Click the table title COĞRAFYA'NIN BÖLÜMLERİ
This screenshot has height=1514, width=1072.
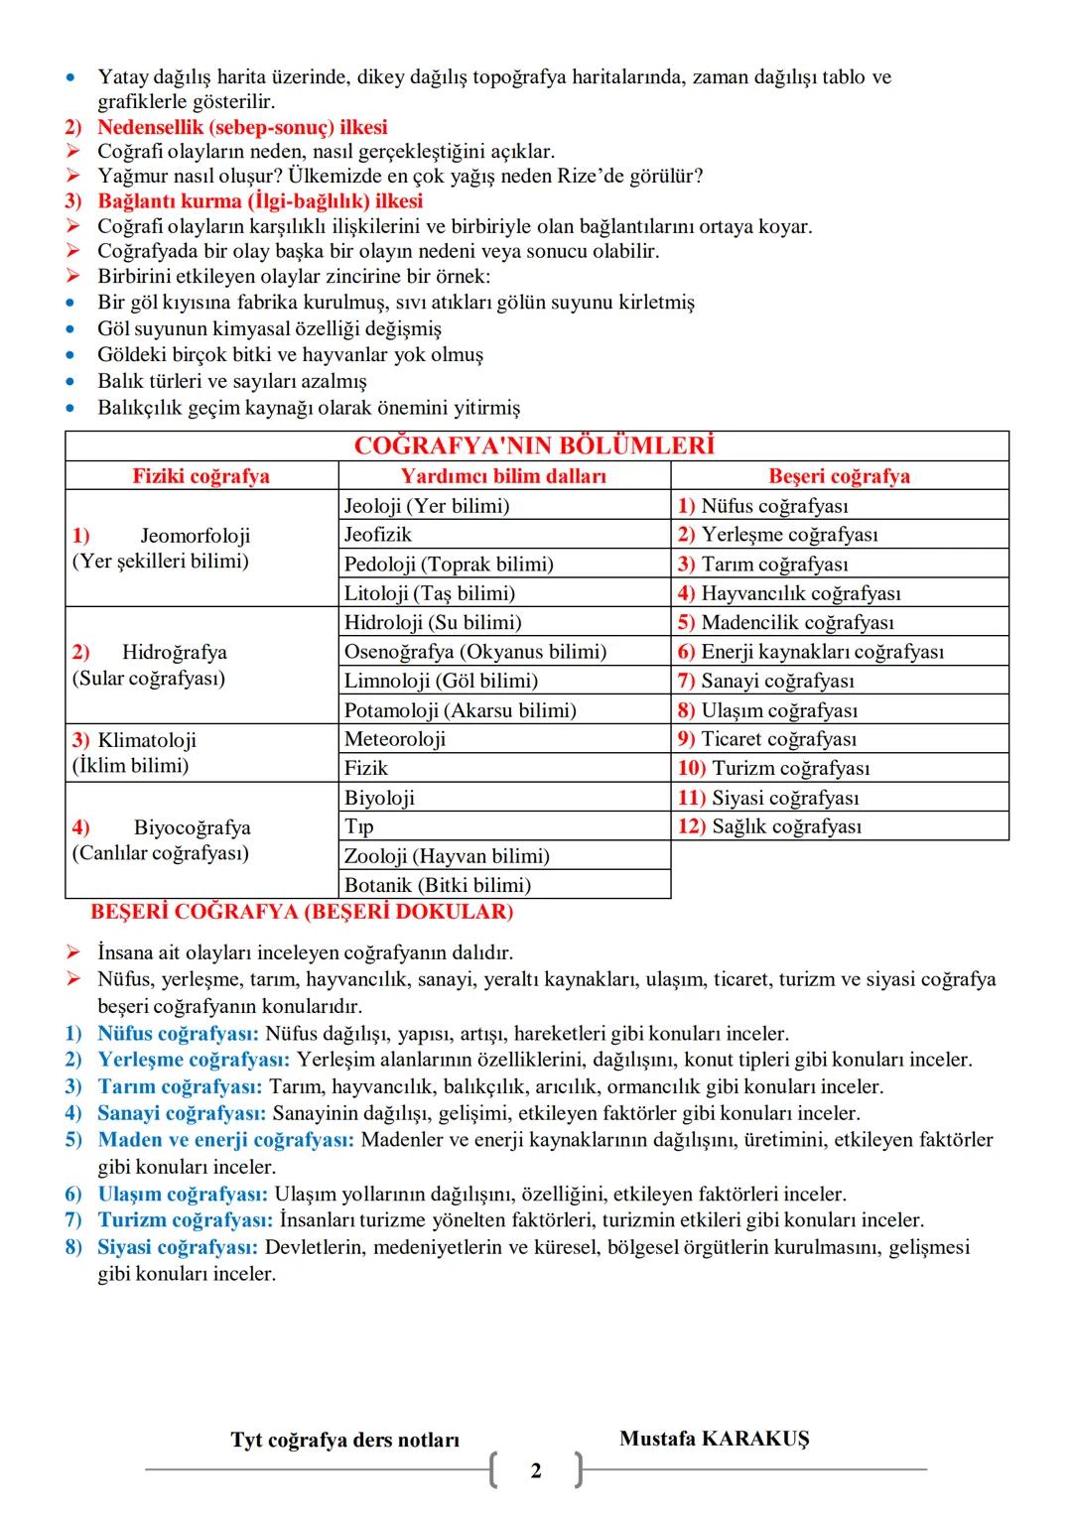point(534,446)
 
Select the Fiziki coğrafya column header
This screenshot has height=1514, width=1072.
point(201,476)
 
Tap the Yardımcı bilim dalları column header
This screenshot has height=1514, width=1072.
point(503,476)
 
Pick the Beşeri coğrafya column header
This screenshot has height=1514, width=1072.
point(839,476)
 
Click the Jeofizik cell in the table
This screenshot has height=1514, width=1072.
point(377,535)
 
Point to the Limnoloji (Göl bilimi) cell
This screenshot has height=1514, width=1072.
point(441,681)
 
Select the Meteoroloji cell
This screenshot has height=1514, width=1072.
point(395,739)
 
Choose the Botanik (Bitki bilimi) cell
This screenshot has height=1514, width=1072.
point(437,885)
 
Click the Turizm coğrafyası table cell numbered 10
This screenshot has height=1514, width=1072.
point(789,768)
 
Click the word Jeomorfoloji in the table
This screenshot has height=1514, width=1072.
point(195,536)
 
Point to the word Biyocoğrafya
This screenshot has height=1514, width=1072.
point(192,827)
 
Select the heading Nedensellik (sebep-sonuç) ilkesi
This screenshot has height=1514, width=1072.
point(242,127)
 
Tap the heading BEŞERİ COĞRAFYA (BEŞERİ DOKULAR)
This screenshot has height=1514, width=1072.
point(302,912)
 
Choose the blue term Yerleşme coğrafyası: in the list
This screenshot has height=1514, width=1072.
point(194,1060)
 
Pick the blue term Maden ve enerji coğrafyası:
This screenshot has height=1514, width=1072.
point(225,1140)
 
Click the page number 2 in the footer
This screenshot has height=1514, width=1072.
point(536,1470)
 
